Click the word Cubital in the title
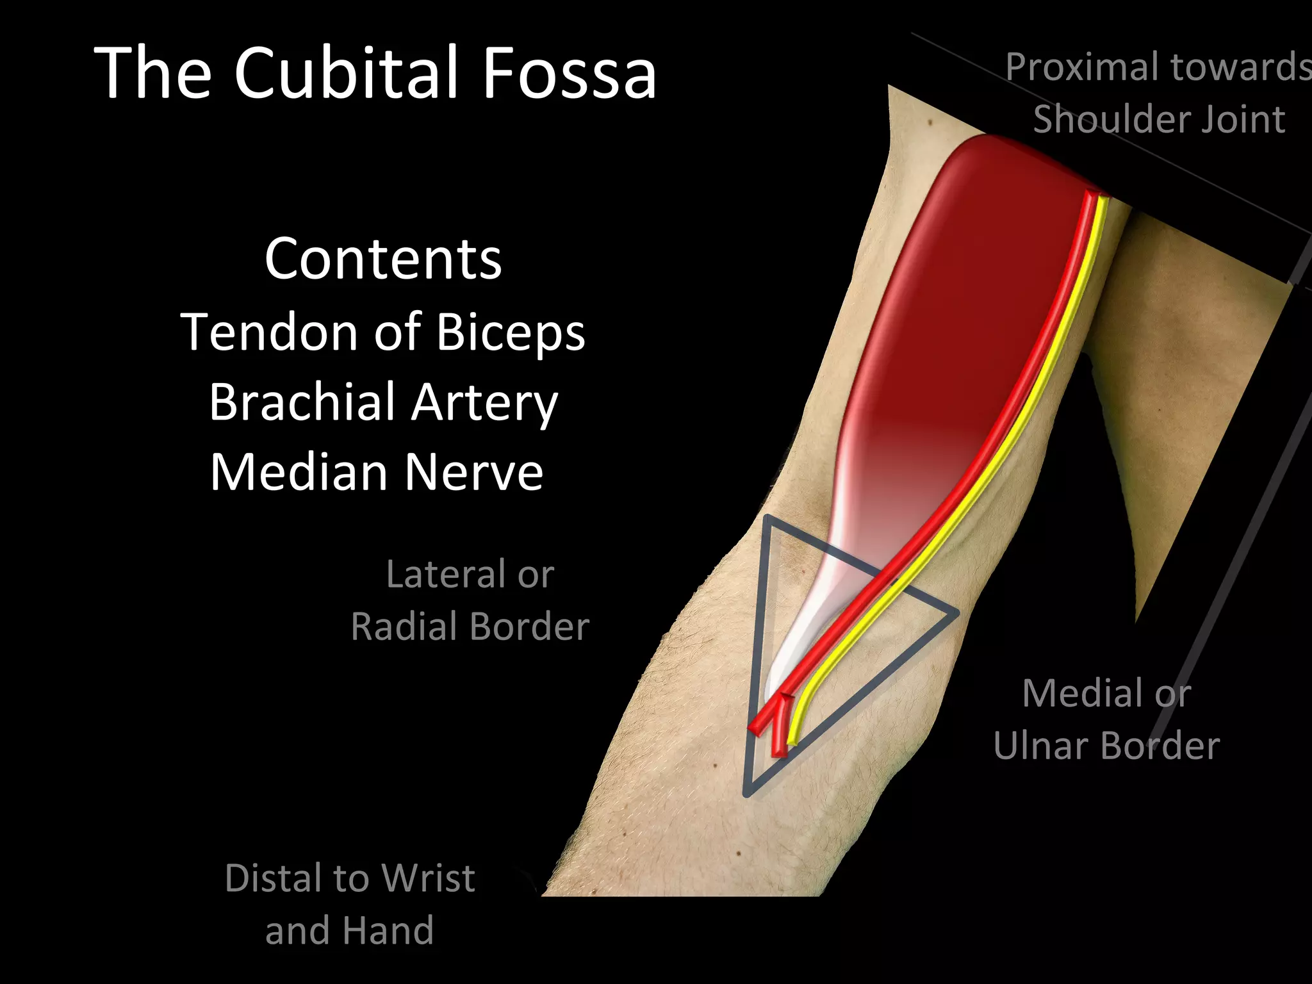point(347,72)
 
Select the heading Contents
point(383,259)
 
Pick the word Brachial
point(302,402)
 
